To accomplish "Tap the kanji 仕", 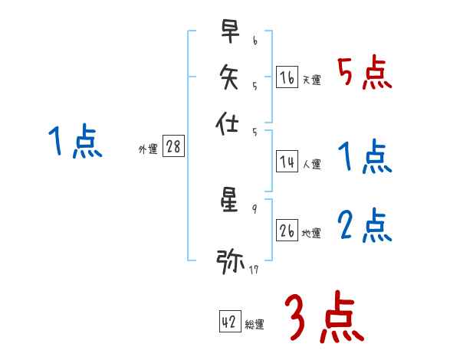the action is click(x=230, y=123).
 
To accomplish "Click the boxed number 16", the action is click(x=287, y=77).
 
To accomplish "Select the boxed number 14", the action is click(x=287, y=162).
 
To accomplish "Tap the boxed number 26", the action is click(x=287, y=231).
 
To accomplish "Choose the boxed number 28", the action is click(x=173, y=147).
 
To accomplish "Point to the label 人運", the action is click(x=312, y=164).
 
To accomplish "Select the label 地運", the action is click(x=312, y=233).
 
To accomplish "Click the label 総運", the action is click(x=255, y=325).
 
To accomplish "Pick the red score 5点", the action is click(x=364, y=73).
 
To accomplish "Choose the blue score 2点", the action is click(x=364, y=225).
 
